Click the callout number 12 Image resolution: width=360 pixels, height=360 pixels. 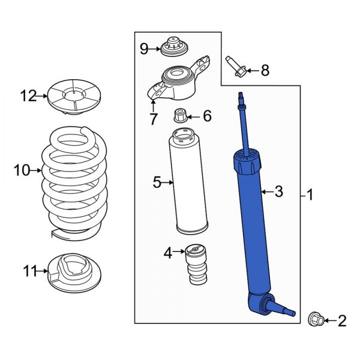[x=27, y=95]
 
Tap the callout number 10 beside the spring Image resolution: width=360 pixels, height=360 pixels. [x=21, y=171]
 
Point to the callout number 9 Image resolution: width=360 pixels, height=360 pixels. [x=144, y=49]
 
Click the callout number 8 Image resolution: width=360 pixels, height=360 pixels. [x=265, y=71]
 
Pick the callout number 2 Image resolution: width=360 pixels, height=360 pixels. [x=341, y=322]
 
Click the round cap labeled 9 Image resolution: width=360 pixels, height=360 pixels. [x=175, y=46]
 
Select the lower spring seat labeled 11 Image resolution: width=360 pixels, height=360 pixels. [x=73, y=274]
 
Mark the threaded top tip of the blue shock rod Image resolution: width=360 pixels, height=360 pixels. [x=241, y=97]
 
